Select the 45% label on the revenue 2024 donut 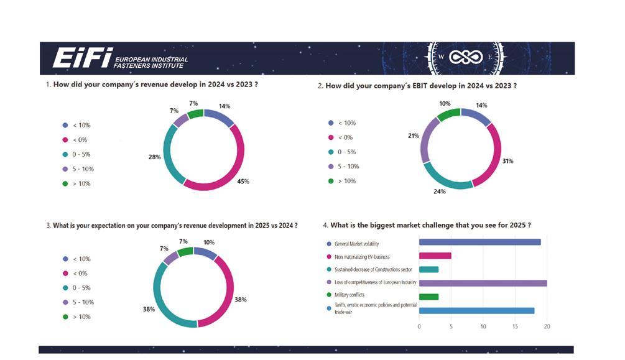pos(243,182)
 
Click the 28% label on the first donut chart pos(154,157)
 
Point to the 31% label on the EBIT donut pos(507,161)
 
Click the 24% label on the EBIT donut pos(440,192)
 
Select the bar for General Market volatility pos(479,242)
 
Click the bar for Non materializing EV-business pos(435,256)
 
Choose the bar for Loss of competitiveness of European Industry pos(483,283)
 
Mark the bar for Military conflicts pos(428,297)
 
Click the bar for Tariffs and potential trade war pos(476,311)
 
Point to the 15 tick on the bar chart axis pos(515,326)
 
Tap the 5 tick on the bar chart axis pos(451,326)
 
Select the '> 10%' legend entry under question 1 pos(77,183)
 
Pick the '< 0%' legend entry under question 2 pos(343,137)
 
